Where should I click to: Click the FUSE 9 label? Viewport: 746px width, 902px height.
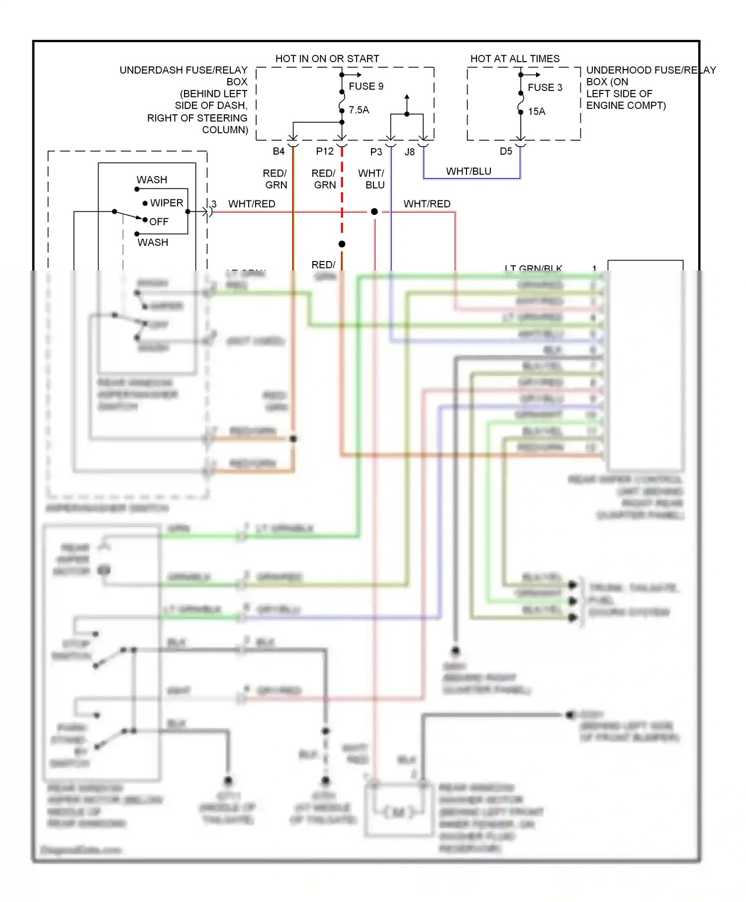click(366, 86)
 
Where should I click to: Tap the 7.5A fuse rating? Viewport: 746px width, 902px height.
click(359, 110)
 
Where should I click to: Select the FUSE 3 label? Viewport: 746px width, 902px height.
click(545, 88)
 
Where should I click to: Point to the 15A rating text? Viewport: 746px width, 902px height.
click(537, 111)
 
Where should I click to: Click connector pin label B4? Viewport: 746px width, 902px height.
click(279, 151)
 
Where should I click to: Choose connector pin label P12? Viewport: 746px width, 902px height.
click(325, 151)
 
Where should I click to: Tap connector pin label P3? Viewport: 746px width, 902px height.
click(376, 152)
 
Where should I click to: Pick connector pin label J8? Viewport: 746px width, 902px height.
click(409, 152)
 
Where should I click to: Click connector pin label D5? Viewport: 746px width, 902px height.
click(506, 151)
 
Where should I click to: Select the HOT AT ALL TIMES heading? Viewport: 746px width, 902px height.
click(515, 59)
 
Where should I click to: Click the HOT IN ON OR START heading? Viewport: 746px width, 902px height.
click(327, 59)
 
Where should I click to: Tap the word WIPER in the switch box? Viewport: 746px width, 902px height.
click(167, 203)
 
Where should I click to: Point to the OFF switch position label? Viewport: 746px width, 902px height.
click(159, 222)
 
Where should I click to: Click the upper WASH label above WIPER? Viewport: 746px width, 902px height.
click(152, 180)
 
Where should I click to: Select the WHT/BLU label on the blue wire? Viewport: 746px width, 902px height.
click(468, 171)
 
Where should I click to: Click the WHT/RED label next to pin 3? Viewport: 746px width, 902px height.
click(252, 204)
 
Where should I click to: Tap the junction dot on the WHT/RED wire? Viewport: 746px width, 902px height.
click(374, 212)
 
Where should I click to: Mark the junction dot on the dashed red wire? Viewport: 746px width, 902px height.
click(342, 244)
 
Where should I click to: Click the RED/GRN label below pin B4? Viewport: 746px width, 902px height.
click(276, 179)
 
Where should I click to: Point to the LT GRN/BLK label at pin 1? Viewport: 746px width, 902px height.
click(533, 268)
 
